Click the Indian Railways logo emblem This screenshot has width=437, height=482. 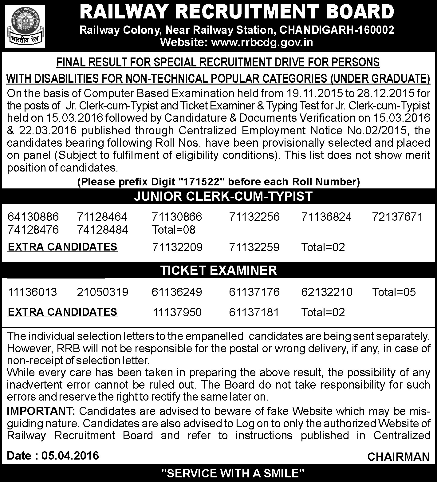click(x=25, y=26)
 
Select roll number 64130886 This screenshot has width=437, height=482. click(x=33, y=217)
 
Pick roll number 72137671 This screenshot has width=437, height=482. click(x=397, y=217)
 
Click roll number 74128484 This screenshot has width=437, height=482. click(x=103, y=230)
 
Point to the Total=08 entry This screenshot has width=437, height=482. click(x=174, y=230)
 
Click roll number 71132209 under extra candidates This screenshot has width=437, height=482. click(x=177, y=247)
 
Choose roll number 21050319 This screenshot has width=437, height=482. click(x=103, y=292)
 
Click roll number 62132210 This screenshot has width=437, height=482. click(x=327, y=292)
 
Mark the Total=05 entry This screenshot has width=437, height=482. click(x=394, y=292)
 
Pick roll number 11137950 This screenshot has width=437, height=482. click(x=177, y=312)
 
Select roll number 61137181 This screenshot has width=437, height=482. click(x=254, y=312)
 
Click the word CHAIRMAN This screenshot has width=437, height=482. click(x=398, y=457)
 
